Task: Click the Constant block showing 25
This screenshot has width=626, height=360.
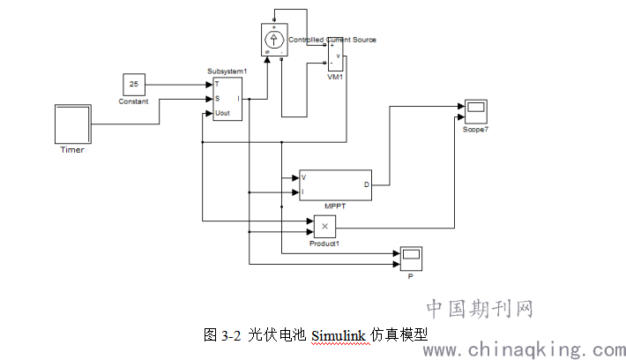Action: tap(134, 85)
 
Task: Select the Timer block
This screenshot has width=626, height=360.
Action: tap(72, 124)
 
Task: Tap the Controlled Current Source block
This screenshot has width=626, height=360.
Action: tap(274, 39)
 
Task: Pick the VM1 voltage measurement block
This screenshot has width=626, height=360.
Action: tap(337, 55)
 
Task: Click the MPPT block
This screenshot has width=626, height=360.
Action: tap(336, 184)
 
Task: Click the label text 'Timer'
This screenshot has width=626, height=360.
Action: tap(71, 149)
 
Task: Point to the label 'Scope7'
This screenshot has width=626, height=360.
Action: tap(475, 130)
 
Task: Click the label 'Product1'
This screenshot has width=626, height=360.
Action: tap(324, 243)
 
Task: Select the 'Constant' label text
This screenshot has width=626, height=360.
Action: tap(134, 101)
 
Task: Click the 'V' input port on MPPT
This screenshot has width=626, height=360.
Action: tap(303, 177)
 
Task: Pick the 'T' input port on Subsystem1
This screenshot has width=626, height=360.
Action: tap(217, 84)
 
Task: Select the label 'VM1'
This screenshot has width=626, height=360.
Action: tap(336, 77)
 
